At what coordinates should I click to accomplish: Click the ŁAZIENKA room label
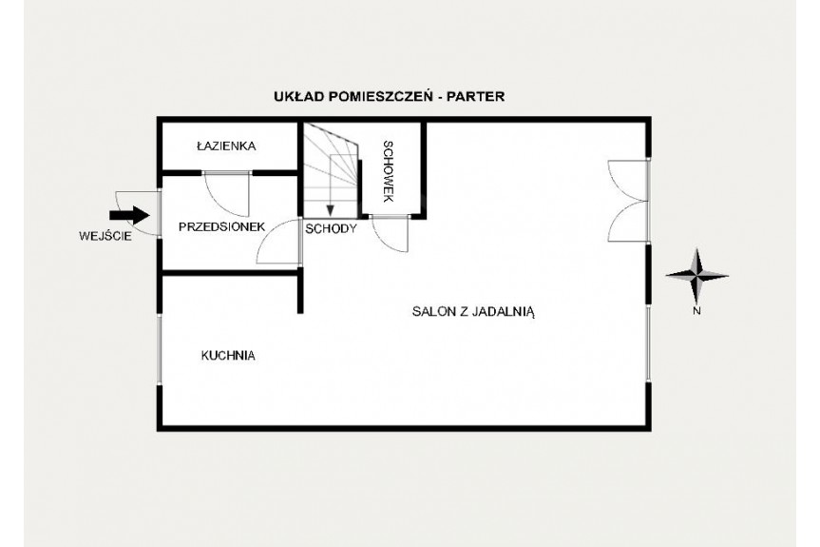tap(226, 147)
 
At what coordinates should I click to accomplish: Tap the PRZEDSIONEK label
tap(221, 227)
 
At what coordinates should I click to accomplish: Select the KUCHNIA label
tap(228, 356)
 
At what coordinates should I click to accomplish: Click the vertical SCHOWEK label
tap(388, 171)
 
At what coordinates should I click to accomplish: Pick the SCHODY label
tap(331, 228)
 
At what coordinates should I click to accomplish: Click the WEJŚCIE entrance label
tap(105, 236)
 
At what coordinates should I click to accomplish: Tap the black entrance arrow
tap(129, 215)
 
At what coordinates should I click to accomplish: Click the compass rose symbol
tap(697, 275)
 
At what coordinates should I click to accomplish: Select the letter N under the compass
tap(696, 311)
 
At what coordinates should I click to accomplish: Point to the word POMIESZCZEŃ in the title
tap(380, 97)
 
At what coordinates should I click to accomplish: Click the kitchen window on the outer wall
tap(160, 350)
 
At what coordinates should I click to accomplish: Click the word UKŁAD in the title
tap(297, 97)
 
